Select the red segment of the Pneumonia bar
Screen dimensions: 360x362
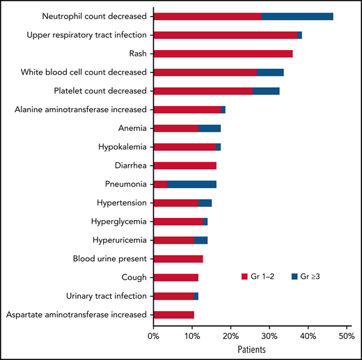pyautogui.click(x=159, y=185)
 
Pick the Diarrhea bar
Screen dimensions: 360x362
pyautogui.click(x=184, y=166)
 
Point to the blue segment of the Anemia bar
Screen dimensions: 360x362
pyautogui.click(x=210, y=128)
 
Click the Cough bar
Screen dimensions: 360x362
pyautogui.click(x=175, y=278)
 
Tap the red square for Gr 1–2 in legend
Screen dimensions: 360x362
pyautogui.click(x=244, y=276)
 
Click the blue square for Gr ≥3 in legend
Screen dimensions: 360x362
pyautogui.click(x=295, y=276)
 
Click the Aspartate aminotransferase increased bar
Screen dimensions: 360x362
pyautogui.click(x=173, y=315)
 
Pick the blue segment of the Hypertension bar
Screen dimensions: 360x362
pyautogui.click(x=205, y=203)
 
